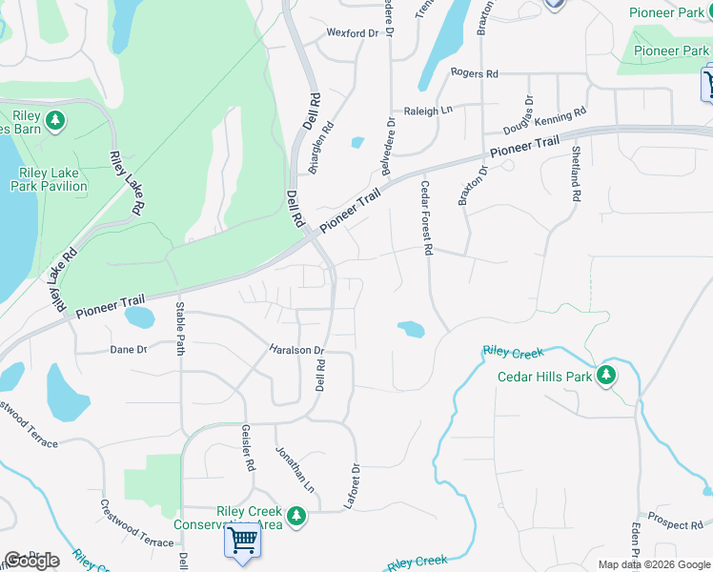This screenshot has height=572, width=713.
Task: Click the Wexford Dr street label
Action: click(353, 33)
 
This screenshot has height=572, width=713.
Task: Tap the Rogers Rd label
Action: click(474, 73)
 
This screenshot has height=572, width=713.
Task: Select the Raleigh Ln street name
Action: click(427, 112)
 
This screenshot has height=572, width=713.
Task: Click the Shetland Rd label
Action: click(576, 174)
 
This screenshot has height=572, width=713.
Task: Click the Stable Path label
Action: click(179, 328)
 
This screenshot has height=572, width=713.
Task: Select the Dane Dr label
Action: click(128, 350)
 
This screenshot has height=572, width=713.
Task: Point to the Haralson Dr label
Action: click(296, 350)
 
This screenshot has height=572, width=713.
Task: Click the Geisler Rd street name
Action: click(249, 448)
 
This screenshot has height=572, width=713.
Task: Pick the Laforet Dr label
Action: click(355, 486)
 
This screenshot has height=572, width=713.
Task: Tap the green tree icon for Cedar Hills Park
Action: click(606, 376)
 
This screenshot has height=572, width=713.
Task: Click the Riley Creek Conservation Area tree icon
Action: click(296, 516)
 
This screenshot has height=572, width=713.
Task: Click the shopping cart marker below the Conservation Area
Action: click(242, 541)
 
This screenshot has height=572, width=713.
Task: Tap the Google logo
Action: click(31, 560)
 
